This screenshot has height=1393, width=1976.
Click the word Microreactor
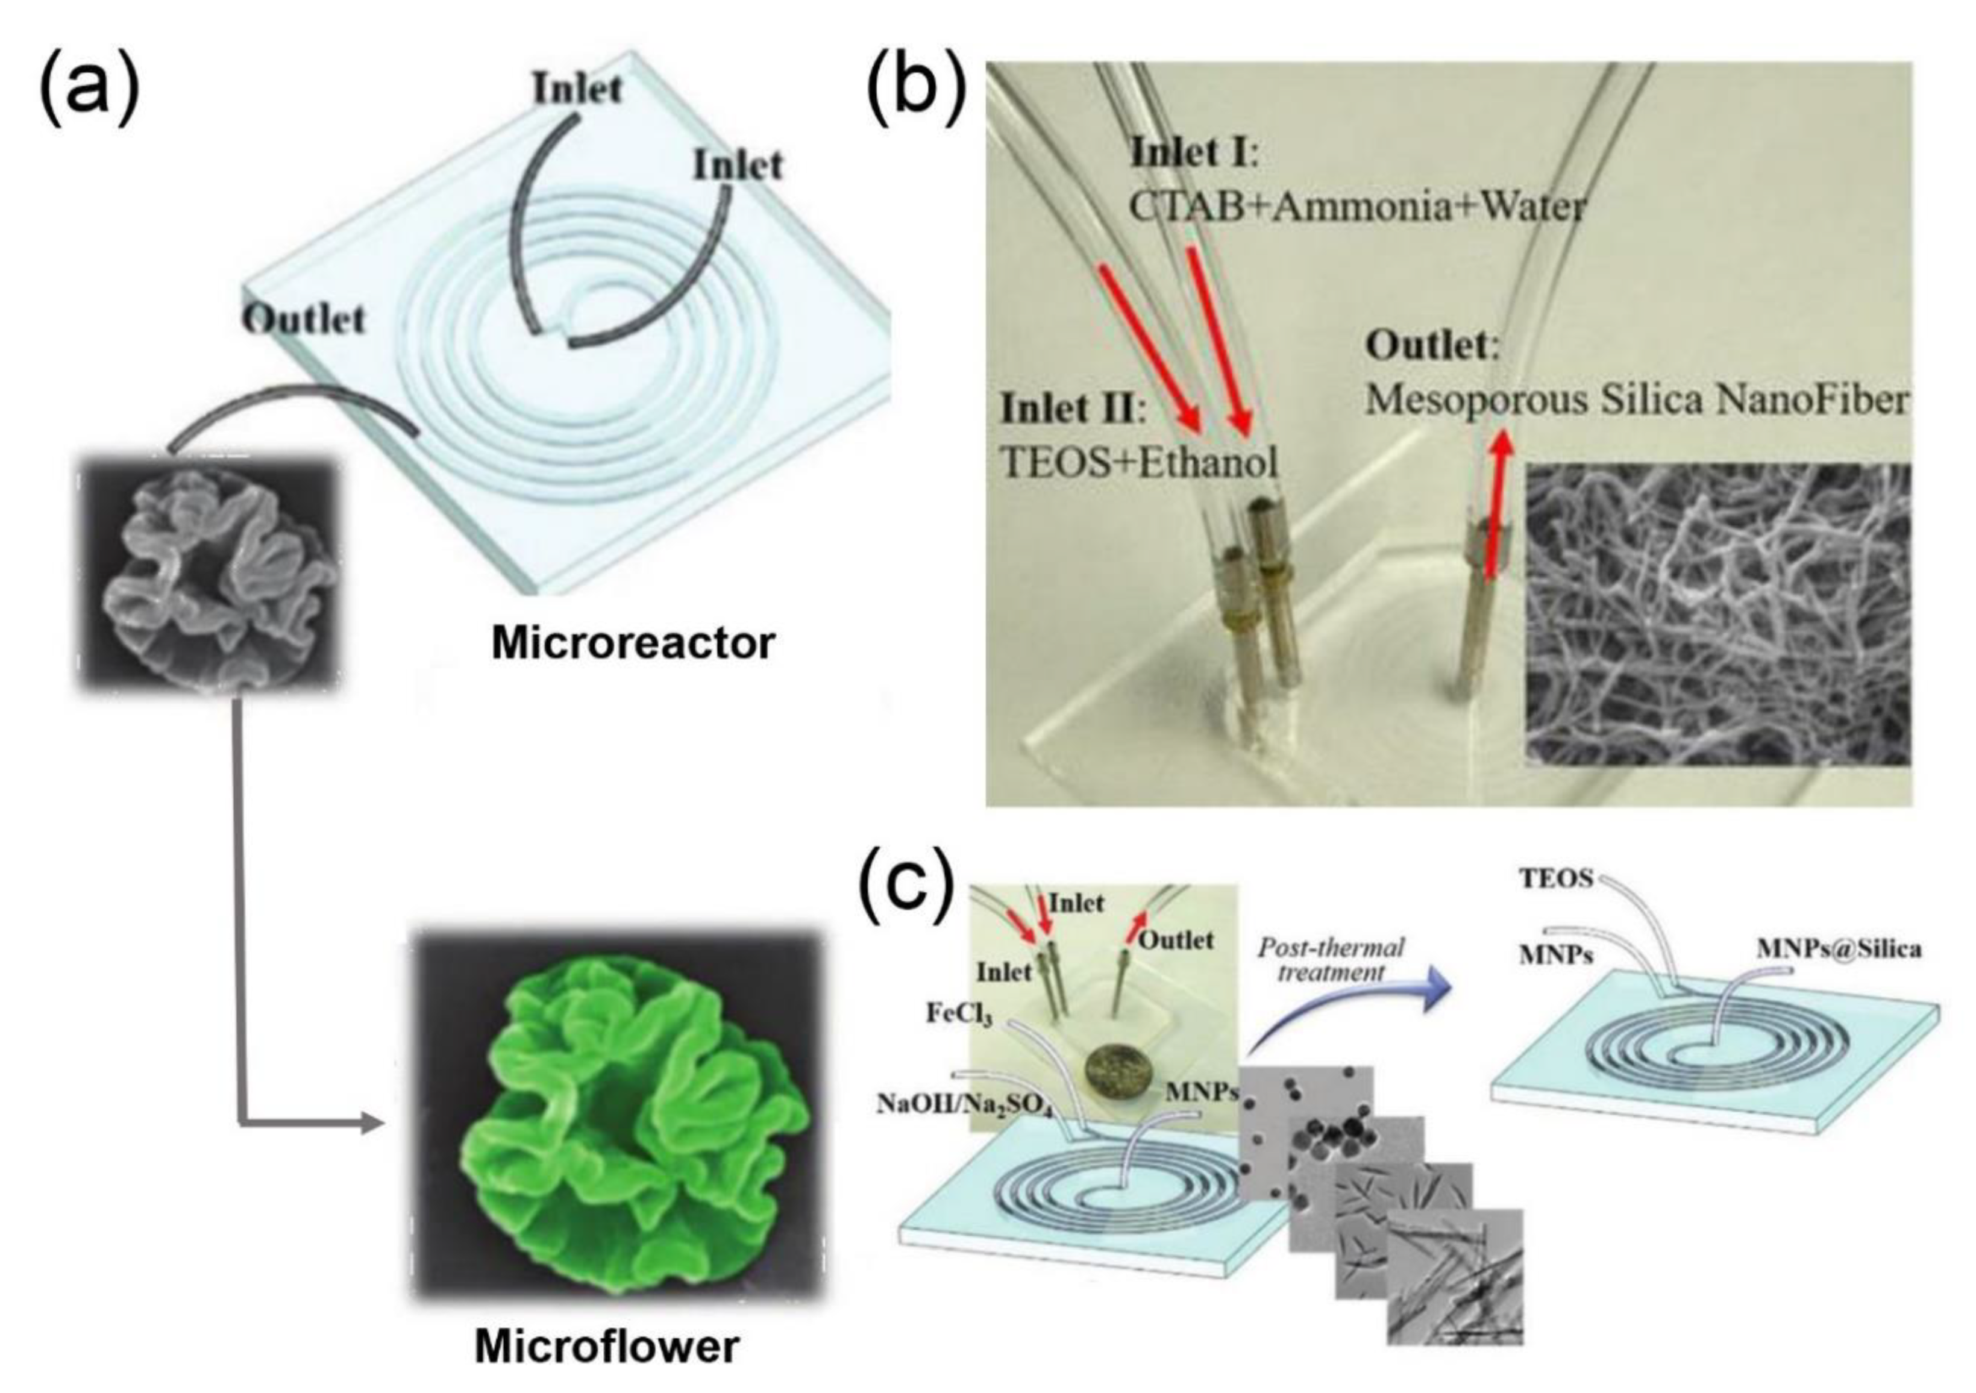click(633, 643)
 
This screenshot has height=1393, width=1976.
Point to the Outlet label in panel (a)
click(304, 319)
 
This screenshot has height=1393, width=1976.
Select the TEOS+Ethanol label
click(1138, 464)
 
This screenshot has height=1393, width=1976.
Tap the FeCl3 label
click(959, 1013)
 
